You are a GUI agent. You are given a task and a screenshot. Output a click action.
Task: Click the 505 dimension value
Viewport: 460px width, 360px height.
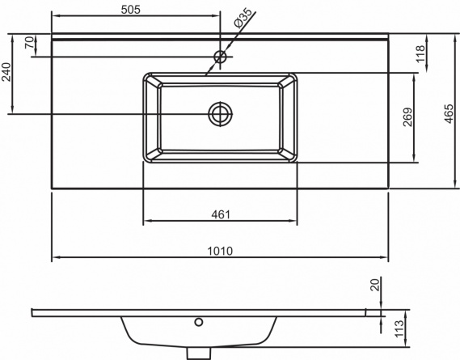[131, 10]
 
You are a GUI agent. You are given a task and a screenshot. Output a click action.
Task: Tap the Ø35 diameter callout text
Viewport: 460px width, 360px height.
[243, 19]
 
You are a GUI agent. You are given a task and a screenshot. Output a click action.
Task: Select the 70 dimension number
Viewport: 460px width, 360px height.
[30, 42]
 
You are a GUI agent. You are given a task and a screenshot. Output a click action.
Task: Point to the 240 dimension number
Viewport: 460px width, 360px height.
[6, 72]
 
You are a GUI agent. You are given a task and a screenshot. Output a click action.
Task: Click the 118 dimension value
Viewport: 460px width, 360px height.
[420, 53]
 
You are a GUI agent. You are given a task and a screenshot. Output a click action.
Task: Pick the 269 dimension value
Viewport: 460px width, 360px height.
[407, 117]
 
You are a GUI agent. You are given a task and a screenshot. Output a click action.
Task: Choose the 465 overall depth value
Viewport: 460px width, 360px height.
[449, 113]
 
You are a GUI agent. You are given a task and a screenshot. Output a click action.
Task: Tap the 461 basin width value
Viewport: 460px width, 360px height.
[221, 214]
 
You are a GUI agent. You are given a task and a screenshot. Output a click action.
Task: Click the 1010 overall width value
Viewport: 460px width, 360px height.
[220, 251]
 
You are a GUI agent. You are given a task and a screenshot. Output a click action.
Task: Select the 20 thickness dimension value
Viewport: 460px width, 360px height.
[375, 284]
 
